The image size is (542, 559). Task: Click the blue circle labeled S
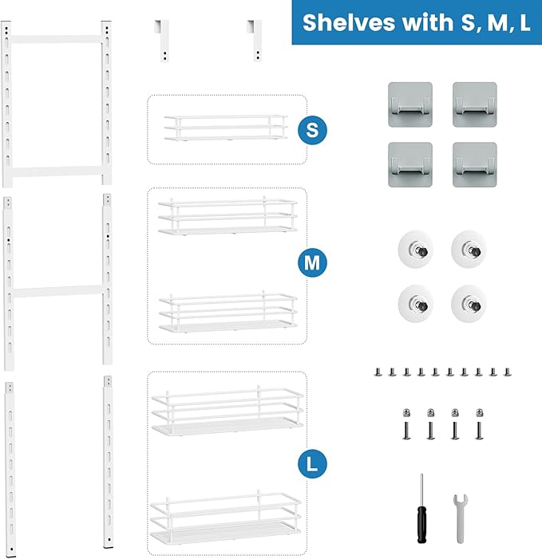pyautogui.click(x=312, y=130)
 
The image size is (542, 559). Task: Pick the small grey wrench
pyautogui.click(x=461, y=517)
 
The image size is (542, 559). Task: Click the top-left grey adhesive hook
pyautogui.click(x=410, y=104)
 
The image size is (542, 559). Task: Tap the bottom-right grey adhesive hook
pyautogui.click(x=475, y=164)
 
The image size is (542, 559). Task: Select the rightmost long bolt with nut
pyautogui.click(x=480, y=423)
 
